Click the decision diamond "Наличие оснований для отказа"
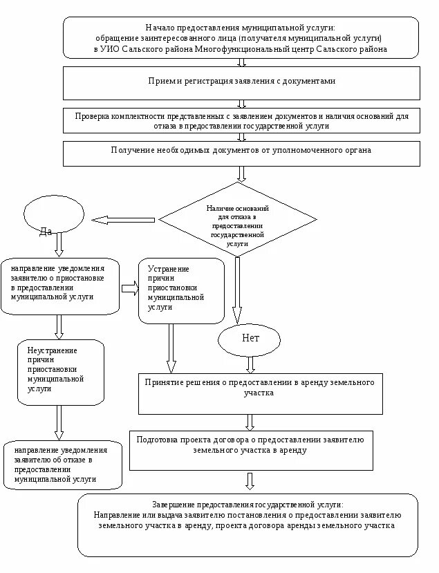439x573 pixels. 238,220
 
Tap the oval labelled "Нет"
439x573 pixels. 250,338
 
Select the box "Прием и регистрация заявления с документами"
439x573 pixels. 241,82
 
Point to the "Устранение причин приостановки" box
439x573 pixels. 181,291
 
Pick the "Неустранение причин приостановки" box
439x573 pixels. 61,372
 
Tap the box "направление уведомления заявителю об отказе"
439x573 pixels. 63,464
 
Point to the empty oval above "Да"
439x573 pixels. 54,214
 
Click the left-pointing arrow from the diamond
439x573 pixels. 123,220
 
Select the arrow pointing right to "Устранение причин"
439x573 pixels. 130,288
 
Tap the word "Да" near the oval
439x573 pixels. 46,232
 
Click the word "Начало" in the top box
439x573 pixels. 162,26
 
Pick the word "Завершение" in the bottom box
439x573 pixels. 173,505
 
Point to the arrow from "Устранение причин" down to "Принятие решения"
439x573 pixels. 171,348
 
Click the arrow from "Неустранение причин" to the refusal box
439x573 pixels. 59,422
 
